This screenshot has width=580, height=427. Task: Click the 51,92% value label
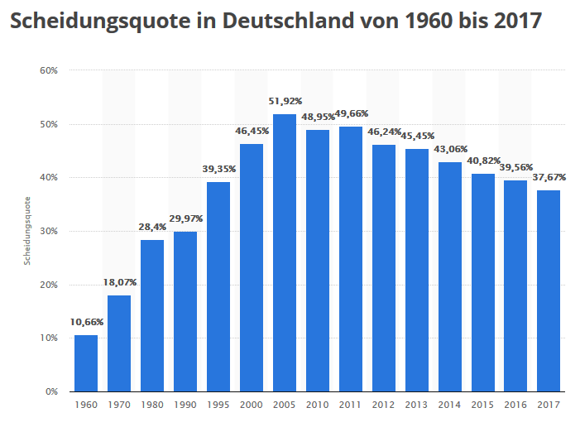pos(285,102)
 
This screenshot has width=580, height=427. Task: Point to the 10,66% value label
pos(86,323)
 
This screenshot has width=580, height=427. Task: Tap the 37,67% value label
pos(549,178)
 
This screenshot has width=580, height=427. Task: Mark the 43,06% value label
pos(450,150)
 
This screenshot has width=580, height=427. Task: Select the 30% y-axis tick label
pos(49,231)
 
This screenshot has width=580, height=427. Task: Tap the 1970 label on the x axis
pos(119,405)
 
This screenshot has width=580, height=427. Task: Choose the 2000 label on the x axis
pos(252,405)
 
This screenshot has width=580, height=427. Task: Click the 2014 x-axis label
pos(450,405)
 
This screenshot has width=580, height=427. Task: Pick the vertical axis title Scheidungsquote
pos(26,231)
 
